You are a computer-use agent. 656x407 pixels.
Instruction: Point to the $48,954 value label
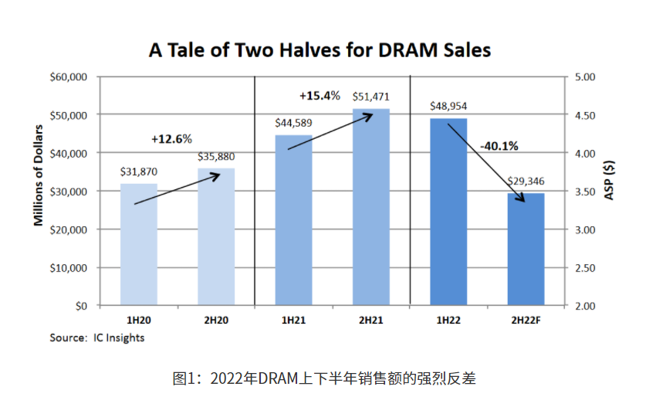coord(448,106)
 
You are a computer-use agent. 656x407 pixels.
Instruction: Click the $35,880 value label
coord(216,157)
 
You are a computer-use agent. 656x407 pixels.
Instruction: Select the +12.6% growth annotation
coord(171,139)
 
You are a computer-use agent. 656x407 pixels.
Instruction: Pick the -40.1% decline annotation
coord(499,145)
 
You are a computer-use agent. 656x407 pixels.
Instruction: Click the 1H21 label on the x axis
coord(293,319)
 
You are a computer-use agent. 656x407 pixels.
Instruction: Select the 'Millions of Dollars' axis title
coord(38,175)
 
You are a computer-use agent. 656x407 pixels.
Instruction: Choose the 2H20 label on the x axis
coord(216,319)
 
